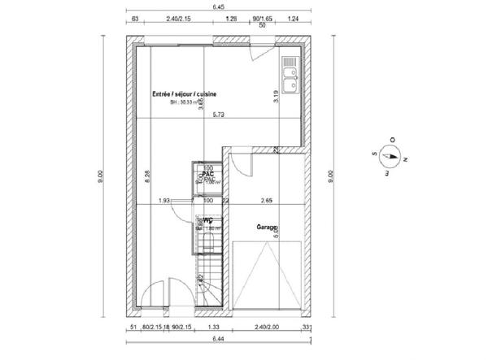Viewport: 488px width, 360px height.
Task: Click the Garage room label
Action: point(267,228)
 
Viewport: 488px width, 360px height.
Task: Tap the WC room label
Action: point(208,220)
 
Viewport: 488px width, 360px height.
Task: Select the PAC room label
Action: point(208,174)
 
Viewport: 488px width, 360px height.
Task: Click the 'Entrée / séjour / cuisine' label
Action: point(185,94)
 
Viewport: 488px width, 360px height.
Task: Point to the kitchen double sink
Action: point(290,74)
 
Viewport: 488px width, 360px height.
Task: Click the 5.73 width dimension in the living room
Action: point(219,115)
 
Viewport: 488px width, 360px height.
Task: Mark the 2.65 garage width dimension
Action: point(265,200)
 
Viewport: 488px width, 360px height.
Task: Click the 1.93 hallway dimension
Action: point(163,200)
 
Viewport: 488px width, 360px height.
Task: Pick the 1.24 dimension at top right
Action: point(292,17)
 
